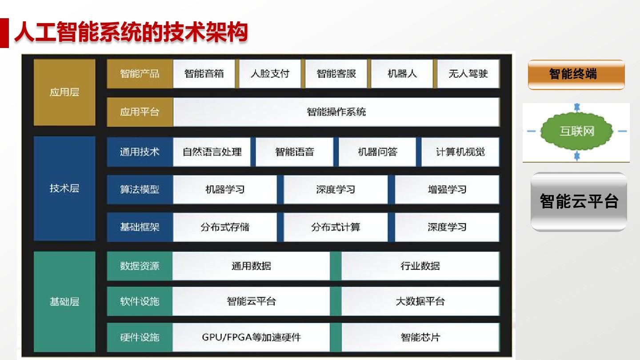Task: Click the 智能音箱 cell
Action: tap(204, 74)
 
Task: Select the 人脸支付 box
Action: tap(270, 74)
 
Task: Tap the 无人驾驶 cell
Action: tap(468, 74)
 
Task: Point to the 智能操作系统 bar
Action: tap(336, 112)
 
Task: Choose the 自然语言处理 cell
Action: tap(212, 152)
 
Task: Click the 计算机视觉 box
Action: tap(460, 152)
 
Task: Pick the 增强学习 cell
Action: tap(447, 189)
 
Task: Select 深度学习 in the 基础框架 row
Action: tap(447, 227)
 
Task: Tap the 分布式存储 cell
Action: tap(225, 227)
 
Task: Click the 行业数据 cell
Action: tap(420, 266)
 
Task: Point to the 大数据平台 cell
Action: tap(420, 301)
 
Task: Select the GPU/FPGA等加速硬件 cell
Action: tap(251, 337)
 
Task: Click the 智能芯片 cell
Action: tap(420, 337)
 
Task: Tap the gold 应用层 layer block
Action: tap(64, 92)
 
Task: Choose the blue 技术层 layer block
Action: tap(64, 188)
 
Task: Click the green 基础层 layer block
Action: tap(64, 301)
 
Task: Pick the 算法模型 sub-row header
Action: tap(140, 189)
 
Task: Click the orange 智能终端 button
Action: tap(576, 75)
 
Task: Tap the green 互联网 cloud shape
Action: tap(577, 131)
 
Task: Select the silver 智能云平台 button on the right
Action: tap(579, 202)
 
